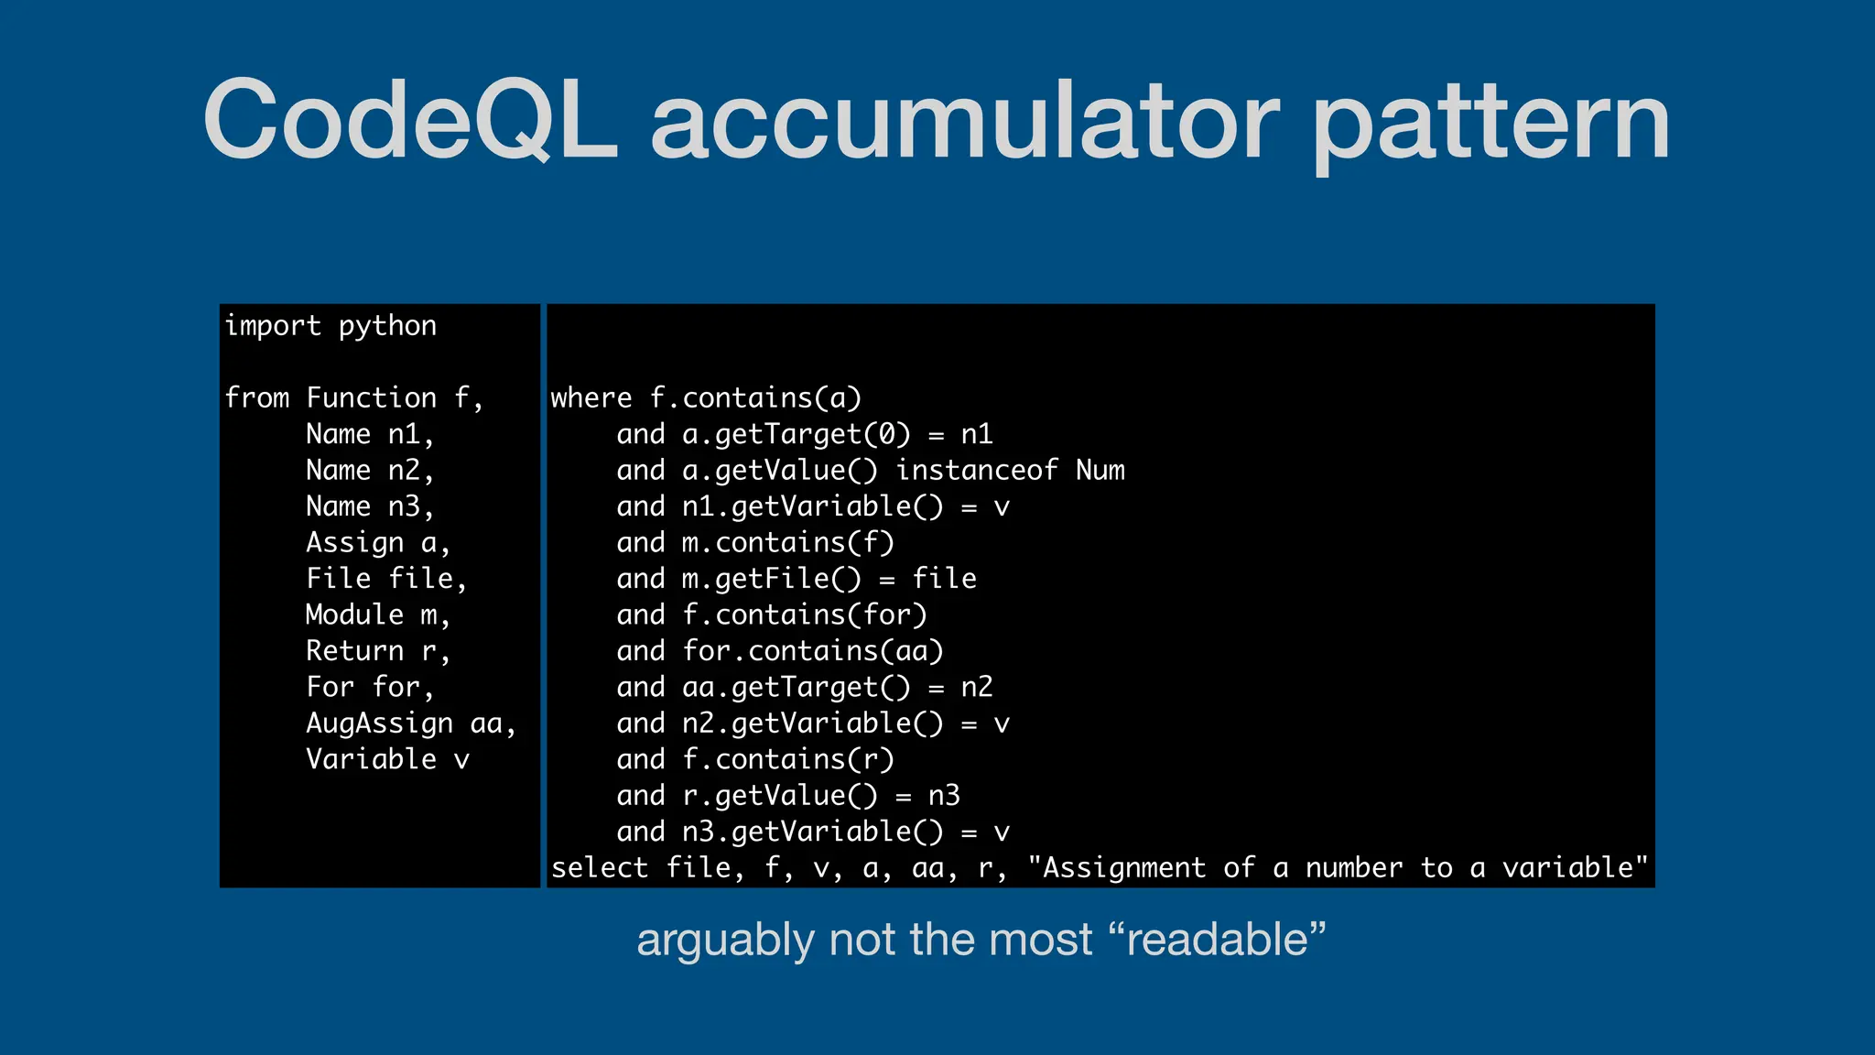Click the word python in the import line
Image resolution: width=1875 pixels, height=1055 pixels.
(x=387, y=326)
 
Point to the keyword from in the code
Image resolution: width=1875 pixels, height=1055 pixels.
(x=257, y=397)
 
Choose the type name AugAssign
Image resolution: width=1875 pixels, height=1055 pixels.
(x=379, y=723)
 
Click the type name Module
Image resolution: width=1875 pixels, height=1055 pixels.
(x=354, y=615)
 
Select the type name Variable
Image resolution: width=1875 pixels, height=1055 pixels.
(x=371, y=759)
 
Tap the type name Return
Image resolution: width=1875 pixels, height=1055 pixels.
(x=354, y=651)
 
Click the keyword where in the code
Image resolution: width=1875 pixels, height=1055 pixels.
(x=591, y=397)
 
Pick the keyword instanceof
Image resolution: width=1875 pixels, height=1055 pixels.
(x=976, y=471)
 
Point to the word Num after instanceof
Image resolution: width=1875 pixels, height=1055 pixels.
(x=1100, y=471)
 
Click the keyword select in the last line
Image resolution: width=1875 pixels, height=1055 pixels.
(x=600, y=867)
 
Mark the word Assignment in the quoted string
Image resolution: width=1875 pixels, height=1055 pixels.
(x=1123, y=867)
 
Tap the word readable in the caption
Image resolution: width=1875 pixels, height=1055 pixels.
(x=1218, y=940)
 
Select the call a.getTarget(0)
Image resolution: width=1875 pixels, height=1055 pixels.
(x=797, y=434)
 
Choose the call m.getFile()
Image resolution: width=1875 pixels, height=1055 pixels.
(x=772, y=579)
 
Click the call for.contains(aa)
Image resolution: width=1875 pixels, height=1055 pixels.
(x=813, y=651)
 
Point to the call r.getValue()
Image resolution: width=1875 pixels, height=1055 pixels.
(x=780, y=796)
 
